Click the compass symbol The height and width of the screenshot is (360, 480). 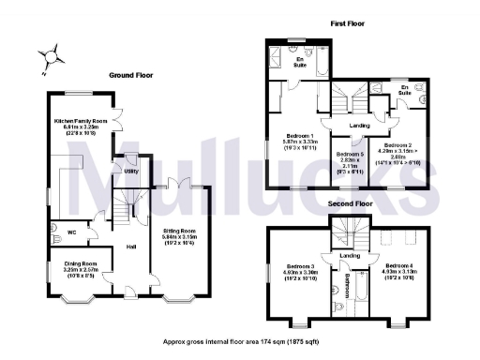point(52,57)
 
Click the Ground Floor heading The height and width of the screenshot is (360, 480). point(131,74)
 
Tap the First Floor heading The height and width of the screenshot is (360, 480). point(346,23)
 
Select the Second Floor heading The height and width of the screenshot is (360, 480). point(349,202)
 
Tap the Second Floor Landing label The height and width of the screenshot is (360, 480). point(349,255)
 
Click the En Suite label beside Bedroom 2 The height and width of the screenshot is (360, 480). point(405,91)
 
